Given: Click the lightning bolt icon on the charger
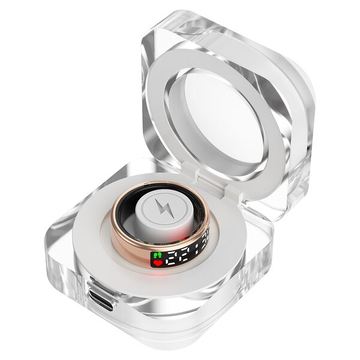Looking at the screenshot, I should point(163,209).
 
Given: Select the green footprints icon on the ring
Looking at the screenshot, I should point(158,254).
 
